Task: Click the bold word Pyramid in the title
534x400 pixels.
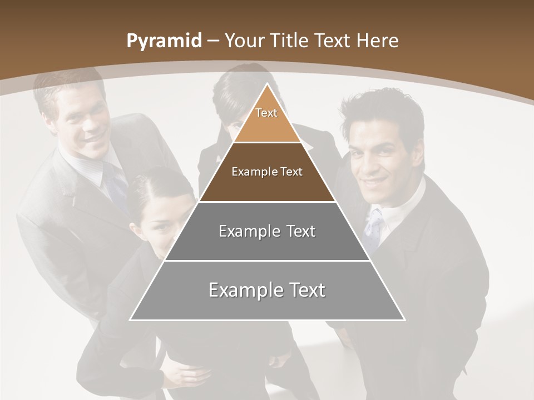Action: (164, 41)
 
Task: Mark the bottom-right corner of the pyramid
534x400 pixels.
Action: (404, 319)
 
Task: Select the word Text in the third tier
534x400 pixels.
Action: (298, 231)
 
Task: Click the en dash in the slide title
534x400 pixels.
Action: (213, 41)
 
